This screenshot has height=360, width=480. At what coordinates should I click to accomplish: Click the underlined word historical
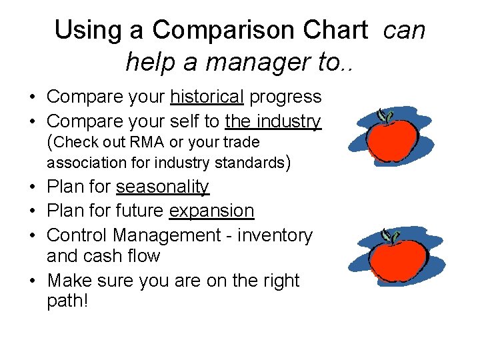pyautogui.click(x=207, y=97)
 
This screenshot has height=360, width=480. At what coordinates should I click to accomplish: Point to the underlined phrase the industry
pyautogui.click(x=273, y=121)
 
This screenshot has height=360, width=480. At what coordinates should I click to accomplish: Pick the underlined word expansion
pyautogui.click(x=212, y=211)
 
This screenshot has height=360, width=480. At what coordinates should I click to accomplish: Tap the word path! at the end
pyautogui.click(x=67, y=301)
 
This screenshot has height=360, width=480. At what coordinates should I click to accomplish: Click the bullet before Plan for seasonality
pyautogui.click(x=33, y=188)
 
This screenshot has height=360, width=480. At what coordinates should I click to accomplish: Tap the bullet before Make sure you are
pyautogui.click(x=33, y=281)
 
